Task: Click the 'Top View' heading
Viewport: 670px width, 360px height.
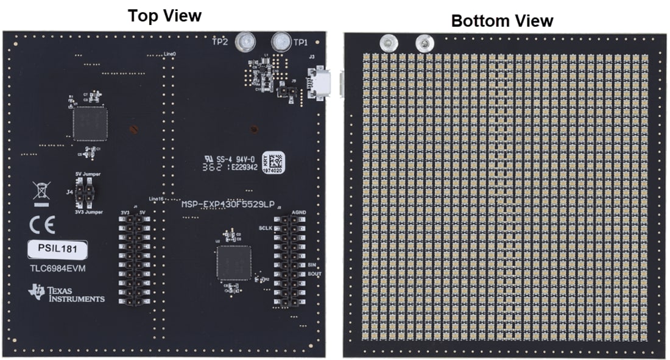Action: pyautogui.click(x=164, y=15)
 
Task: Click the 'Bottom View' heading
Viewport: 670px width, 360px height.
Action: pyautogui.click(x=502, y=21)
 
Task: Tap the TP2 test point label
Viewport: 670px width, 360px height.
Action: pyautogui.click(x=219, y=42)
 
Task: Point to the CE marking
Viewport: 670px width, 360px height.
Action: pyautogui.click(x=42, y=226)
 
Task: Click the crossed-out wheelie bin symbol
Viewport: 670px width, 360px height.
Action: pyautogui.click(x=41, y=192)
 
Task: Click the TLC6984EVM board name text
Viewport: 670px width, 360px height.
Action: pyautogui.click(x=58, y=268)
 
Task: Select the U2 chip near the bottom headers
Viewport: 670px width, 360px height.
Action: pyautogui.click(x=233, y=263)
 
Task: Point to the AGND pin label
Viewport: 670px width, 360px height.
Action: pyautogui.click(x=298, y=213)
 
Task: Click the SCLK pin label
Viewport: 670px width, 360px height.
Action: pyautogui.click(x=264, y=228)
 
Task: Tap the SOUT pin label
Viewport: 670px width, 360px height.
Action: pyautogui.click(x=314, y=274)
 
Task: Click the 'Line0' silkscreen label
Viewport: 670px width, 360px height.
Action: pyautogui.click(x=170, y=54)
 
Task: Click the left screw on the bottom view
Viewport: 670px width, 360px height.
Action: pyautogui.click(x=387, y=43)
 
